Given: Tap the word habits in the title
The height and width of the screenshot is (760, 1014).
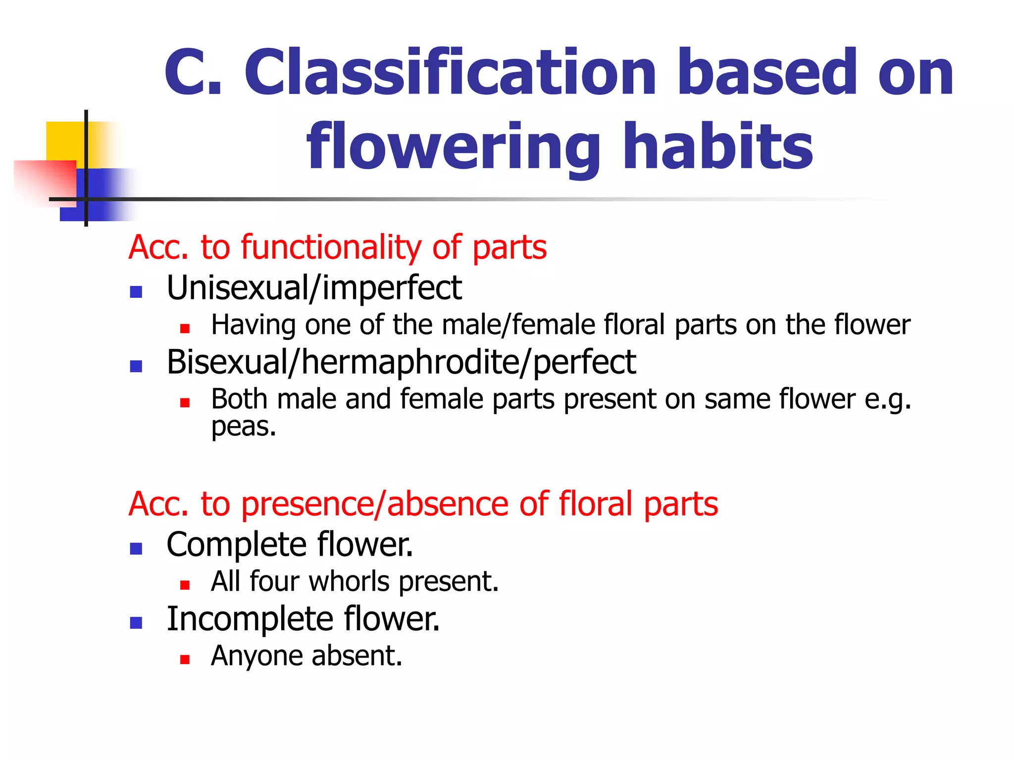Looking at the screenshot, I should pyautogui.click(x=718, y=146).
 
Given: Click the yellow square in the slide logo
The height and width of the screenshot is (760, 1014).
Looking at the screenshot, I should pyautogui.click(x=64, y=141).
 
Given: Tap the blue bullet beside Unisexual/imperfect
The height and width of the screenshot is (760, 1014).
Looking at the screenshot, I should pyautogui.click(x=136, y=292).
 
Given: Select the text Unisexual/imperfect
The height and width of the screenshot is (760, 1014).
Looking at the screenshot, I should pyautogui.click(x=314, y=288).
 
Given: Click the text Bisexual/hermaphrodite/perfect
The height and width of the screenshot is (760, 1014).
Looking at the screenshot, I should pyautogui.click(x=401, y=362).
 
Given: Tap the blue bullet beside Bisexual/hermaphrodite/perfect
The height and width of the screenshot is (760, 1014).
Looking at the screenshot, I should pyautogui.click(x=136, y=366).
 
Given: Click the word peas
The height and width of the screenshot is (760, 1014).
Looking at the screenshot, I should pyautogui.click(x=243, y=427).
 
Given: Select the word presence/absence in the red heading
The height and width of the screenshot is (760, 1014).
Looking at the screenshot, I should pyautogui.click(x=375, y=504).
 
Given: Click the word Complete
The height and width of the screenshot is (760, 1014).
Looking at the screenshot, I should pyautogui.click(x=237, y=545).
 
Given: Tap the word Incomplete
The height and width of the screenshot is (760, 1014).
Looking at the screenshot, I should pyautogui.click(x=250, y=619).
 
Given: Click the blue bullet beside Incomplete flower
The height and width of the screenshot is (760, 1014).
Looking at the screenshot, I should pyautogui.click(x=136, y=622).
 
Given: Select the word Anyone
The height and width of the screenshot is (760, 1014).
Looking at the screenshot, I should pyautogui.click(x=256, y=657).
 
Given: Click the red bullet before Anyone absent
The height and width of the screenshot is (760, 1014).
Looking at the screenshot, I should pyautogui.click(x=185, y=660).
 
